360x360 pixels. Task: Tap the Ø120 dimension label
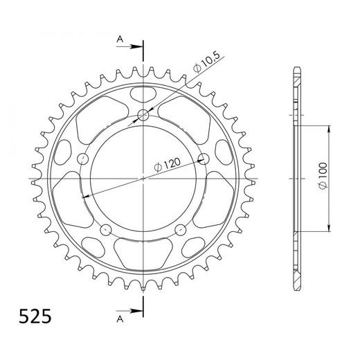[x=168, y=164]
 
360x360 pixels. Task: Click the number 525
[x=30, y=320]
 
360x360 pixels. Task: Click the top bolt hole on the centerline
[x=143, y=115]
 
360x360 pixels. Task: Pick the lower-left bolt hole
[x=106, y=229]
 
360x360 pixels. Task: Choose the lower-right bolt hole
[x=181, y=229]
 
